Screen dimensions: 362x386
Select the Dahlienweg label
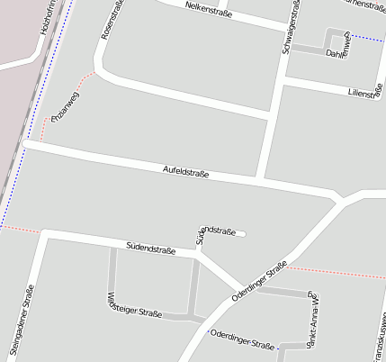coord(338,54)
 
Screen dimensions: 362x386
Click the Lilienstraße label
coord(365,91)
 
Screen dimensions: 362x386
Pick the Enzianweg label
coord(65,106)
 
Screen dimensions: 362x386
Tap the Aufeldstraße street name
coord(185,170)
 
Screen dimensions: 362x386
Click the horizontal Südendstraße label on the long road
coord(150,245)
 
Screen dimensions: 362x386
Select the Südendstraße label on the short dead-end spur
coord(215,234)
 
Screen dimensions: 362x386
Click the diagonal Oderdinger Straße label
coord(259,281)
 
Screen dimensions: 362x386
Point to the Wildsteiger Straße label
coord(133,305)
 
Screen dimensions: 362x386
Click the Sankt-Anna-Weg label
coord(311,321)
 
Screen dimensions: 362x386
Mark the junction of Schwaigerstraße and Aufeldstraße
coord(261,178)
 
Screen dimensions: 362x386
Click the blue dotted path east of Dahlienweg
coord(367,38)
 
